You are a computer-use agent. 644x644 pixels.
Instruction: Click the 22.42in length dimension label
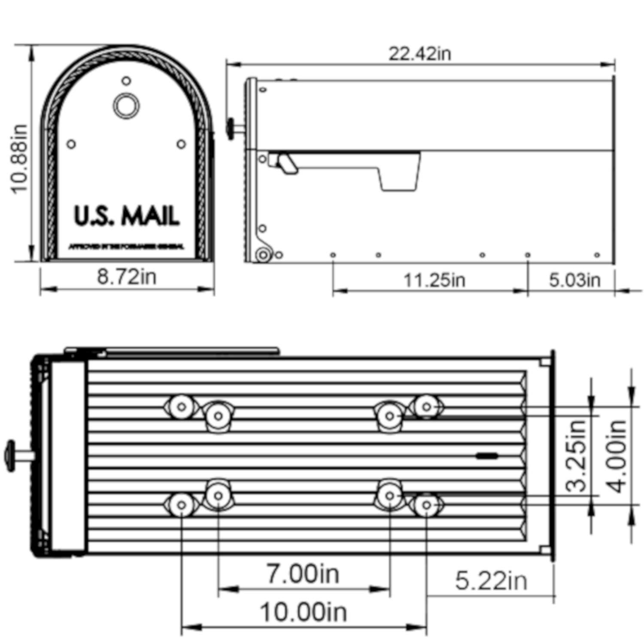click(x=419, y=54)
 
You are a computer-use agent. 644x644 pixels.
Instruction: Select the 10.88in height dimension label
click(x=20, y=159)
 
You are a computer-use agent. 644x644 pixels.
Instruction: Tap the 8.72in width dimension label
click(x=126, y=276)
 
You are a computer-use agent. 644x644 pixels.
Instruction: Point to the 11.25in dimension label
click(x=434, y=280)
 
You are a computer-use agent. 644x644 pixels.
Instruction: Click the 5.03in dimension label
click(x=574, y=280)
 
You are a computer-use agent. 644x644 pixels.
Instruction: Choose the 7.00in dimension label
click(x=303, y=574)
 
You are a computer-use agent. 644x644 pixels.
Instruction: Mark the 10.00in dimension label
click(x=303, y=612)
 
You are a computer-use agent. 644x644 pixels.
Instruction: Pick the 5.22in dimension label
click(x=491, y=581)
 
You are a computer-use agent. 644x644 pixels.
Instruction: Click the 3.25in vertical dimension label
click(x=576, y=455)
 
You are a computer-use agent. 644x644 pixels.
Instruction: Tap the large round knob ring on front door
click(x=126, y=106)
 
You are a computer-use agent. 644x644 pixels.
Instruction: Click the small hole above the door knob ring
click(x=126, y=81)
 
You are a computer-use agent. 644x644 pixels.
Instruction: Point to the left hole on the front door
click(x=71, y=144)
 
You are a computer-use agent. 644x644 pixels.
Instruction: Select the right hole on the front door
click(x=181, y=144)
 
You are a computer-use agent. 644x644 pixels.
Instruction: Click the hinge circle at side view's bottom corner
click(x=263, y=255)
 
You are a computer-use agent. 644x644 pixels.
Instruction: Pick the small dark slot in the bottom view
click(x=487, y=456)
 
